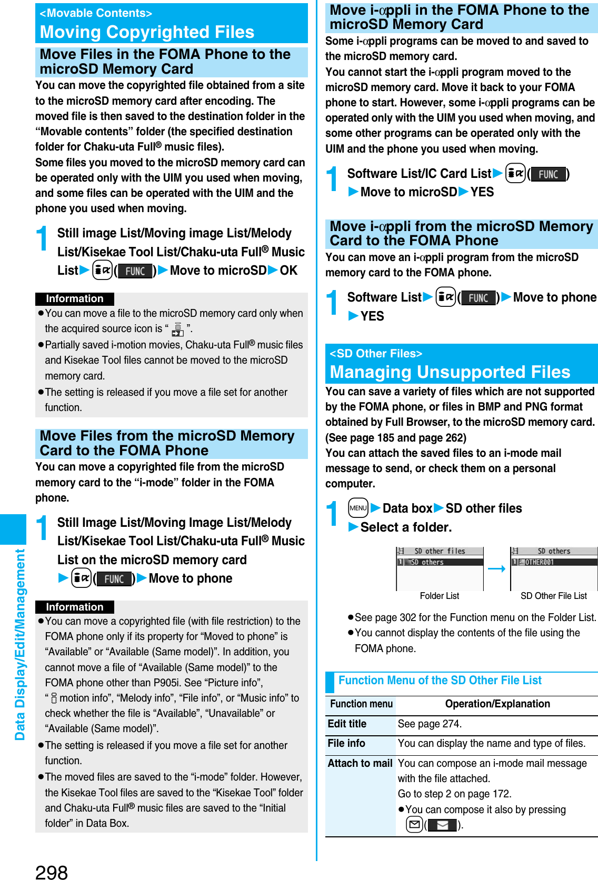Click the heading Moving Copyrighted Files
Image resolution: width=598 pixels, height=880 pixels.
(147, 33)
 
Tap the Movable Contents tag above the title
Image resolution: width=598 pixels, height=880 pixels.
(96, 13)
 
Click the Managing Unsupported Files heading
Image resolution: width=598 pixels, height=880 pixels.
(450, 372)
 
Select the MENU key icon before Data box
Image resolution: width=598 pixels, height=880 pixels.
(358, 508)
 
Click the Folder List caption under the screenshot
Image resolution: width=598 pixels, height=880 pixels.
(439, 596)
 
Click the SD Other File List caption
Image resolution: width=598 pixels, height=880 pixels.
(553, 596)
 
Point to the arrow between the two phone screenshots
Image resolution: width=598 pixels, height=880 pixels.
(496, 568)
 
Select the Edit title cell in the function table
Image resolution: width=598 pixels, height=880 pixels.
(347, 724)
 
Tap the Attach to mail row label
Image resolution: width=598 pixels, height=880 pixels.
(360, 763)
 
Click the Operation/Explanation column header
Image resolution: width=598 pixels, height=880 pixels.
(497, 704)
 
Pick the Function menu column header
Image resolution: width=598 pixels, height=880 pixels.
(361, 704)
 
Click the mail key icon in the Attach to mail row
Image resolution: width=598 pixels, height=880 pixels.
(415, 825)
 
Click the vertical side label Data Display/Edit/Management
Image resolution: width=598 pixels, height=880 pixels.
(20, 645)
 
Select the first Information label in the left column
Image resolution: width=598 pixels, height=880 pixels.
(75, 299)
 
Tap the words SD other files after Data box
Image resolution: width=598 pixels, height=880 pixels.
(483, 508)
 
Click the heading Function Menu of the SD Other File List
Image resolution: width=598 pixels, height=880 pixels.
(440, 680)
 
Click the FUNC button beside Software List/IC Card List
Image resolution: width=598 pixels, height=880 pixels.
(548, 174)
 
